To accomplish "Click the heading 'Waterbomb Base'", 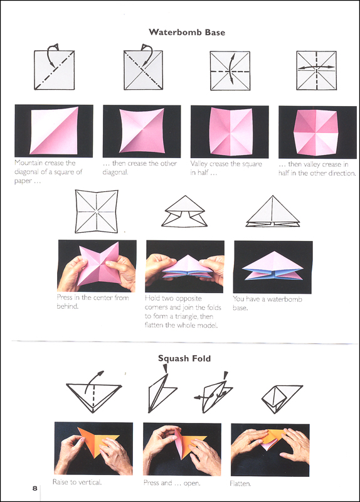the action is (x=187, y=32).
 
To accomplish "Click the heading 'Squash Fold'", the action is (x=184, y=358).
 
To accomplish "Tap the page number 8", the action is (x=34, y=488).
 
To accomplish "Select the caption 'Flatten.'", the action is (x=240, y=483).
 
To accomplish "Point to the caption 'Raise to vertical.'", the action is (x=77, y=482).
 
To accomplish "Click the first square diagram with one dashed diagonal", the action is (x=55, y=70).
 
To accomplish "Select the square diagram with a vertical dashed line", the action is (x=317, y=70).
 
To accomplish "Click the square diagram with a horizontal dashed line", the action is (x=230, y=71).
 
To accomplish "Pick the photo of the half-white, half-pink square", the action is (x=54, y=131).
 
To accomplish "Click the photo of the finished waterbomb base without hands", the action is (x=273, y=267).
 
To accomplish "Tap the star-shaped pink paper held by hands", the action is (x=100, y=265).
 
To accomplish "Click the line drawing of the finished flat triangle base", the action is (x=273, y=211).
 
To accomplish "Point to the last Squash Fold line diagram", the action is (x=282, y=398).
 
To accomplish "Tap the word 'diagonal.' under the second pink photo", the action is (x=115, y=172).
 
